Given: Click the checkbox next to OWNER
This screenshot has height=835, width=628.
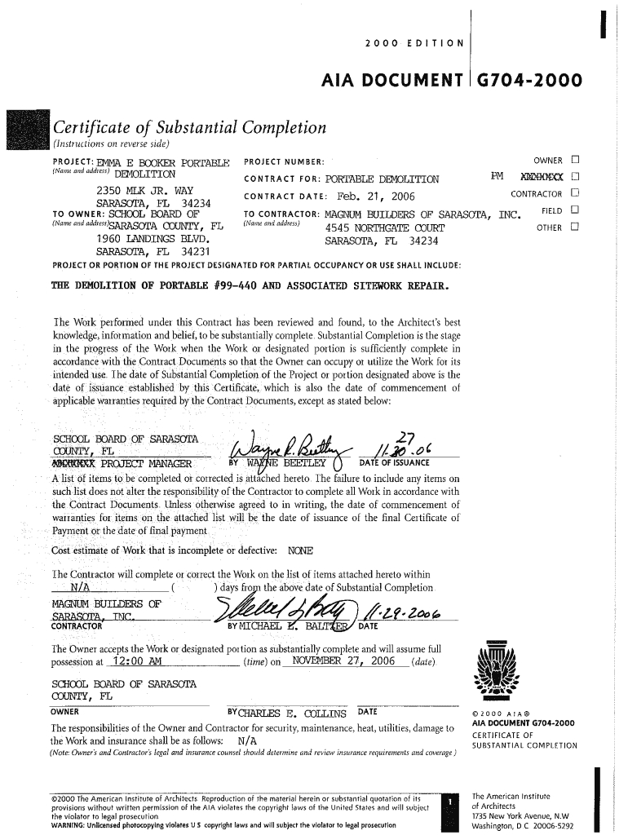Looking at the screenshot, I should point(576,160).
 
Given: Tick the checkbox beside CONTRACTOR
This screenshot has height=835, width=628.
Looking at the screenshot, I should point(576,194).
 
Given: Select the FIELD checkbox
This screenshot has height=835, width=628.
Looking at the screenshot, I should point(576,210).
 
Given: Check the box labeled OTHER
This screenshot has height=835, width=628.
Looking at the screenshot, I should point(576,228).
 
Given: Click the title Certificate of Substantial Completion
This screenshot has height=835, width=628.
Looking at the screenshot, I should point(189,128).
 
